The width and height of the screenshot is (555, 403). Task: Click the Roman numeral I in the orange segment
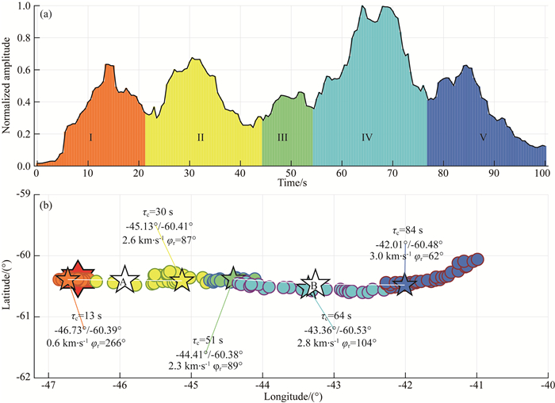(91, 137)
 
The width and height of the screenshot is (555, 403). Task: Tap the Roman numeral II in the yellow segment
(201, 137)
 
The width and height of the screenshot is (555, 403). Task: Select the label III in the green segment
(282, 137)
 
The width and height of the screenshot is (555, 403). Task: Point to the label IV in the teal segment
(367, 137)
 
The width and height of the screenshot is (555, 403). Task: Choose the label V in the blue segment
(483, 137)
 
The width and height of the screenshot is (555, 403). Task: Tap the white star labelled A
(124, 280)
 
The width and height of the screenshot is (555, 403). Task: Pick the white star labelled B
(313, 286)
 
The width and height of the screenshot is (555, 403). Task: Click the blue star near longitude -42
(405, 284)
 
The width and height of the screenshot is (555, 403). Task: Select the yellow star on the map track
(182, 279)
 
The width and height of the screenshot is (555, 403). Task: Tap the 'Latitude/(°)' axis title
(10, 285)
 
